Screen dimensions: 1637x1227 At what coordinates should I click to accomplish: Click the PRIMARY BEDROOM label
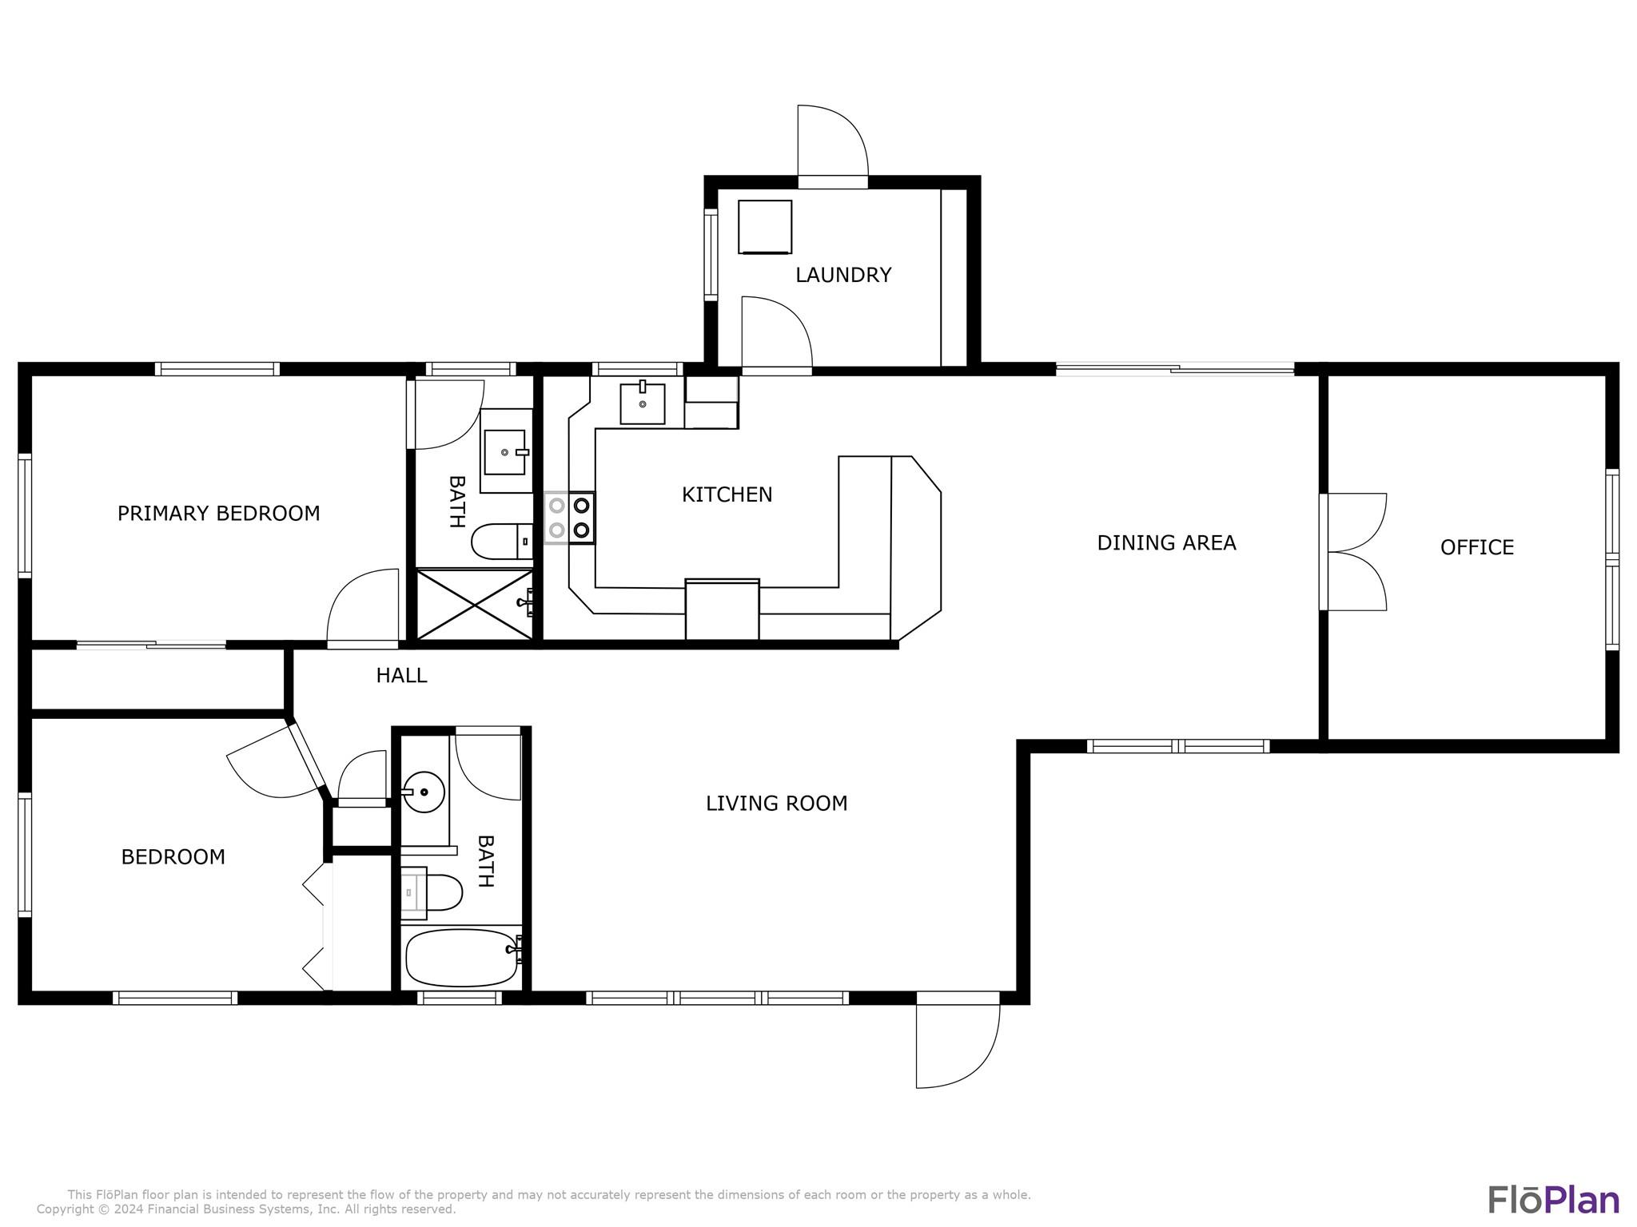coord(218,514)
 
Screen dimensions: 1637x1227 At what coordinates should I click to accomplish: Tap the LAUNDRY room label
coord(843,276)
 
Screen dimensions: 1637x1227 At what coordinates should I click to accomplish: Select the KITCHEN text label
coord(727,495)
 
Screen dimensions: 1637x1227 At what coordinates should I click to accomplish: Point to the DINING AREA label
coord(1166,543)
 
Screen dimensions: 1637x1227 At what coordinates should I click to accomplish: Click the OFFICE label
coord(1476,547)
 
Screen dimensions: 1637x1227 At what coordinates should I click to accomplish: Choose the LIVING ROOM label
coord(776,804)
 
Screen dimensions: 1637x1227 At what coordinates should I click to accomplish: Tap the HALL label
coord(401,676)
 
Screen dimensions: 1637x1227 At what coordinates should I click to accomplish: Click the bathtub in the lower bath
coord(462,957)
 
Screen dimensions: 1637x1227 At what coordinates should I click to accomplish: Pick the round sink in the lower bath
coord(423,792)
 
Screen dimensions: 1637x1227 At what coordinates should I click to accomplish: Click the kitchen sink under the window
coord(643,403)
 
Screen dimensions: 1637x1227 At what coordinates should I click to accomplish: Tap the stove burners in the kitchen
coord(569,518)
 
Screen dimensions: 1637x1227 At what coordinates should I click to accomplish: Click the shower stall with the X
coord(475,604)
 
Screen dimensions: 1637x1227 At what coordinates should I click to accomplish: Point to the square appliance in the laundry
coord(765,227)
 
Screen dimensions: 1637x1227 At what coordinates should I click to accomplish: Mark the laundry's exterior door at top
coord(833,146)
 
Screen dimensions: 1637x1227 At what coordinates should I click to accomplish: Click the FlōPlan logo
coord(1553,1201)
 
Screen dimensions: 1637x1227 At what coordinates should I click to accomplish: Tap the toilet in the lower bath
coord(431,893)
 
